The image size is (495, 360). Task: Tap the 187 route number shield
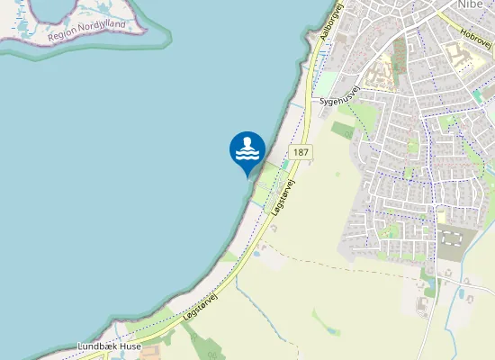click(301, 152)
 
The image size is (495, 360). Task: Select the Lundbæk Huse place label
click(108, 346)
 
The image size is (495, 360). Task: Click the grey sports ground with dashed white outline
click(450, 238)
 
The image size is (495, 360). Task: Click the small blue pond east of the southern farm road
click(464, 292)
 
